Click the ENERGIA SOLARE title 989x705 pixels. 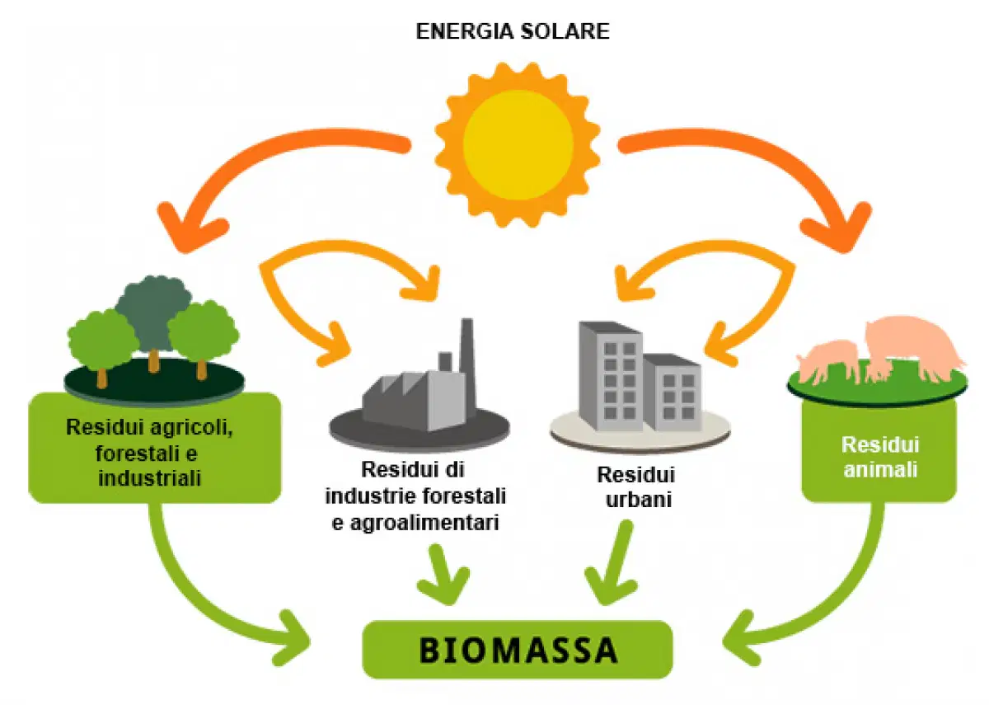click(x=513, y=31)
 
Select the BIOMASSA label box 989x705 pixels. click(x=518, y=650)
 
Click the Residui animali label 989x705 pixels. click(x=880, y=457)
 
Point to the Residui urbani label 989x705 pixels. click(x=636, y=487)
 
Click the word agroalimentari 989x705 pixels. click(x=424, y=523)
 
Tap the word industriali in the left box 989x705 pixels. click(x=149, y=478)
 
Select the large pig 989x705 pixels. click(x=914, y=347)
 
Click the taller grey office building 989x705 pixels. click(x=610, y=375)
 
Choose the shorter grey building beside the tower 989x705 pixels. click(x=671, y=392)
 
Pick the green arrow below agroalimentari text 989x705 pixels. click(x=443, y=573)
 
